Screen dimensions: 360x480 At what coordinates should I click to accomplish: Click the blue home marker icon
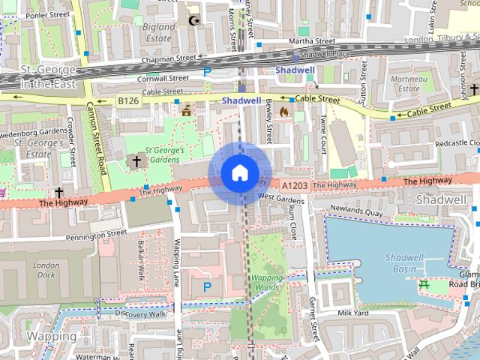239,173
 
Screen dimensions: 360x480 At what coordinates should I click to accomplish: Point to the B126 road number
127,100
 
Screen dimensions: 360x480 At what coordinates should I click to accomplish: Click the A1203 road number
295,184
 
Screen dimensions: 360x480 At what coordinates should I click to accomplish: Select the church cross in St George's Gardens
136,160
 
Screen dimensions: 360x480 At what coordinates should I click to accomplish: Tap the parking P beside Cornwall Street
207,72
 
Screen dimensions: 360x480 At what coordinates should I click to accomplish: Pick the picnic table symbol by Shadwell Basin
424,283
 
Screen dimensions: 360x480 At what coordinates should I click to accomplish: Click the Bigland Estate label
159,31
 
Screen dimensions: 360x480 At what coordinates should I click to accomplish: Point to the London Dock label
46,270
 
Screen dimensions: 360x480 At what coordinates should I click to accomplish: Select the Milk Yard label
354,313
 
